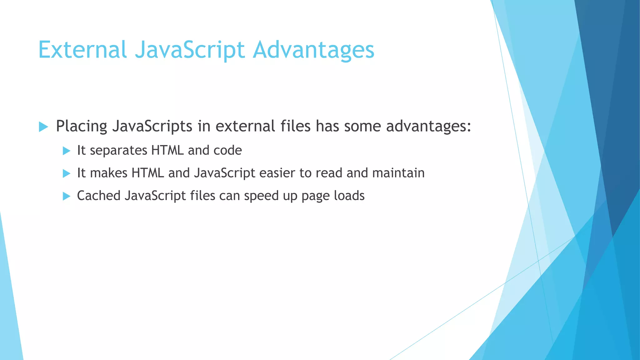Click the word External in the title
(82, 50)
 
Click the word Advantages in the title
(313, 50)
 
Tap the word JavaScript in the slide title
(190, 50)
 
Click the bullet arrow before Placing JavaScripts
(43, 127)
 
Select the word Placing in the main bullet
(81, 126)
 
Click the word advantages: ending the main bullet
(428, 126)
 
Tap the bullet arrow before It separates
(67, 151)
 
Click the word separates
(118, 151)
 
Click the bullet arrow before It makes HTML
(67, 173)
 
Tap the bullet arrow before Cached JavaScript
(67, 196)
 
